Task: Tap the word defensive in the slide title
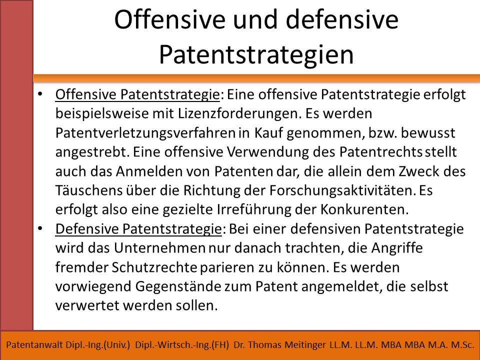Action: [342, 19]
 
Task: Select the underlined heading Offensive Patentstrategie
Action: [137, 94]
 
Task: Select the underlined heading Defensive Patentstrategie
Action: [138, 229]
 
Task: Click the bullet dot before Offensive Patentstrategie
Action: [40, 93]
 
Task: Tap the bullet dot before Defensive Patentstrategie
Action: [40, 228]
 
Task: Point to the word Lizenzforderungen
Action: [238, 114]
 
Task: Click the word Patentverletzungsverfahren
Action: [145, 133]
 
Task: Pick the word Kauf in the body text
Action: [268, 133]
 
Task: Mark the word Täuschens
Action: [89, 190]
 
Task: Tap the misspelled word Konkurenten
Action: [364, 209]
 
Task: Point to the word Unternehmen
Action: [159, 248]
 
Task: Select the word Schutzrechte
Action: [154, 267]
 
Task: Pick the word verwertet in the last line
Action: [87, 305]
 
